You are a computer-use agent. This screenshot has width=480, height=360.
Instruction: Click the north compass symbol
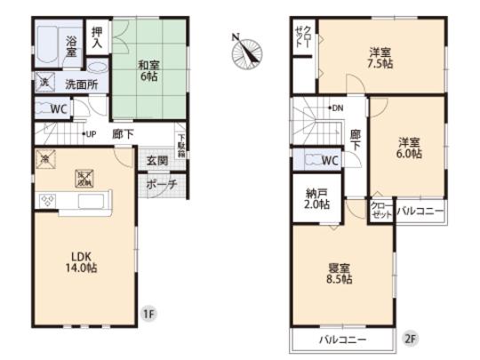click(244, 51)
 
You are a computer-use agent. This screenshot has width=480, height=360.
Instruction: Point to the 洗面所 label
click(81, 85)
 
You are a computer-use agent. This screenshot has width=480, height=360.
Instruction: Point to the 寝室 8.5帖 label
click(340, 273)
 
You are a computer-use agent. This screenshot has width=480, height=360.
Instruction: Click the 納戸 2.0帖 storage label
click(317, 198)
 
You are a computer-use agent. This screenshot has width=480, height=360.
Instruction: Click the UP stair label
click(90, 134)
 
